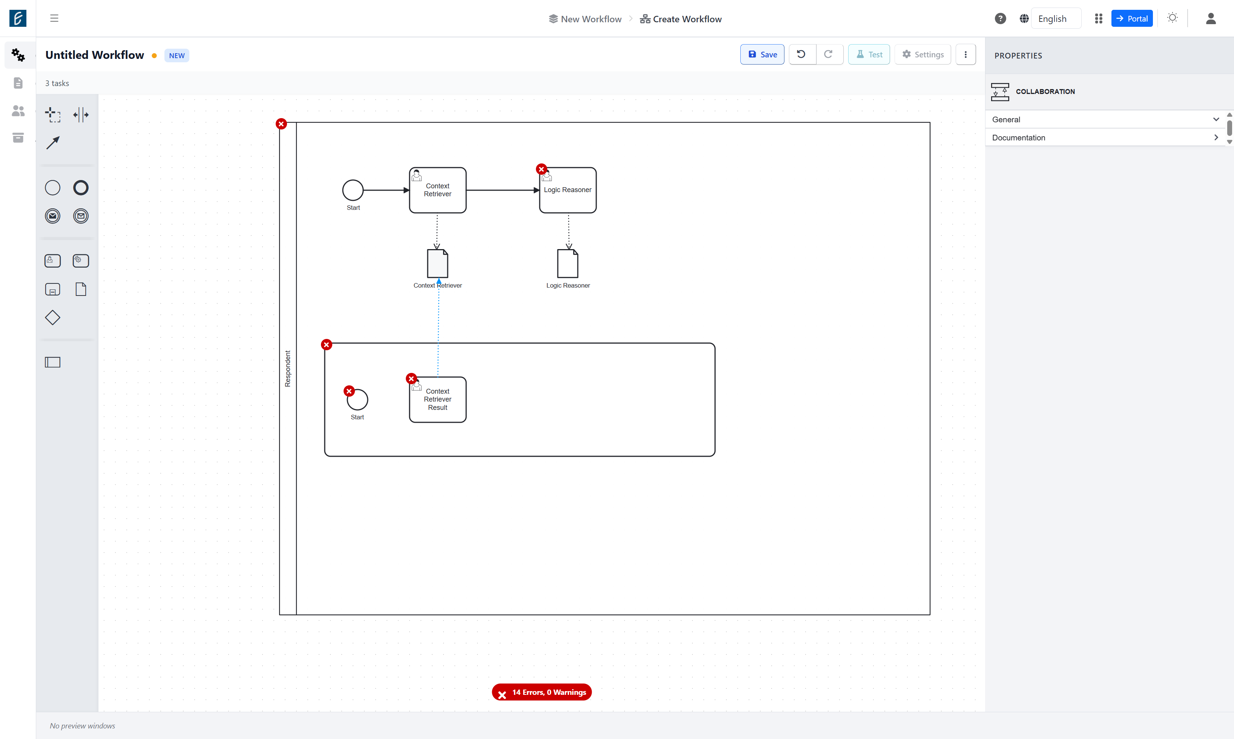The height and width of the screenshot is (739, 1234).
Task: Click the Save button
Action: coord(762,54)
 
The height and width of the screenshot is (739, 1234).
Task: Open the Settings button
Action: coord(922,54)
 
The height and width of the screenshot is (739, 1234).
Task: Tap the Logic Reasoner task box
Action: coord(568,190)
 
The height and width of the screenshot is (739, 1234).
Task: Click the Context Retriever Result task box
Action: coord(438,399)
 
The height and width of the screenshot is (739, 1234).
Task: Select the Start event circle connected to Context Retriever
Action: coord(353,190)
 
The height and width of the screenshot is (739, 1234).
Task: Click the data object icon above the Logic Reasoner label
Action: coord(567,263)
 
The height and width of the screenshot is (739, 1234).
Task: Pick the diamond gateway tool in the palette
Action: coord(53,318)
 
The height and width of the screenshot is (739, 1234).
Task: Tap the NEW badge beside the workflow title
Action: coord(177,55)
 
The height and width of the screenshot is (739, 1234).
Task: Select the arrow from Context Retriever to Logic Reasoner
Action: coord(503,190)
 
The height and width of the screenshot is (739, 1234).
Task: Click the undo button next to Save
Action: coord(801,54)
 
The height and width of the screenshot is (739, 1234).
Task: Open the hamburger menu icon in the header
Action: coord(54,18)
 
